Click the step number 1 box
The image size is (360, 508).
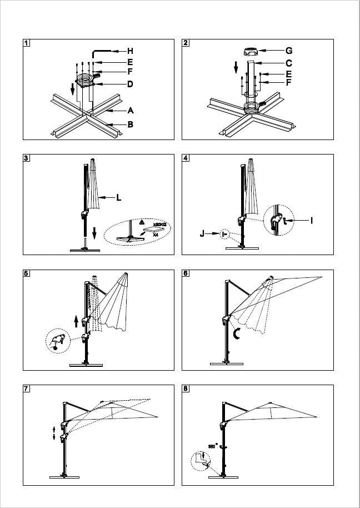pyautogui.click(x=27, y=43)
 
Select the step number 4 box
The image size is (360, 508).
pyautogui.click(x=186, y=158)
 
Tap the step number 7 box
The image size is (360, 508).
pyautogui.click(x=27, y=389)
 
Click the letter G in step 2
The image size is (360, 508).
pyautogui.click(x=289, y=51)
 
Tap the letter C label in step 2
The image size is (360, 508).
pyautogui.click(x=289, y=63)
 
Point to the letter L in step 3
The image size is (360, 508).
pyautogui.click(x=118, y=197)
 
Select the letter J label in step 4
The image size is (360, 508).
pyautogui.click(x=203, y=235)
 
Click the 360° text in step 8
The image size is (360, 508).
pyautogui.click(x=212, y=445)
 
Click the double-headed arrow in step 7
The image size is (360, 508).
pyautogui.click(x=54, y=432)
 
